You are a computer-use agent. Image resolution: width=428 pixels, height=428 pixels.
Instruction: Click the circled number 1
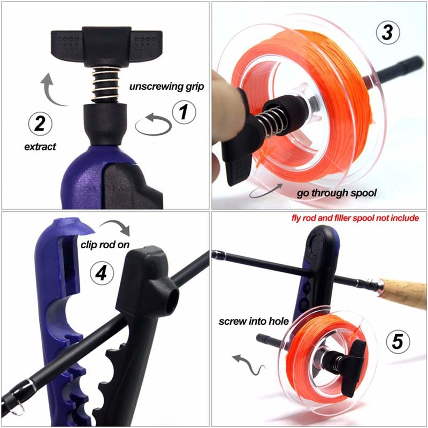coord(183,113)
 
